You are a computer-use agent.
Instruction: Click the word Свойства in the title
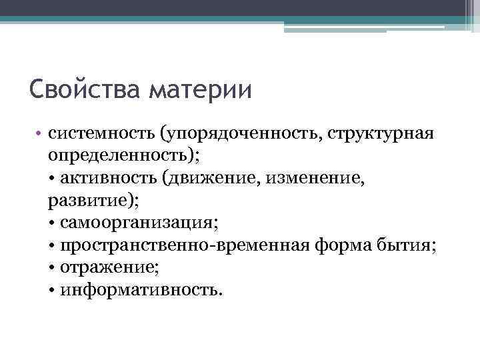pos(85,89)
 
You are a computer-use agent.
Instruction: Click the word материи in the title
pos(200,89)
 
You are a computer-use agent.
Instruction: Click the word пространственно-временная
pos(183,245)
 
